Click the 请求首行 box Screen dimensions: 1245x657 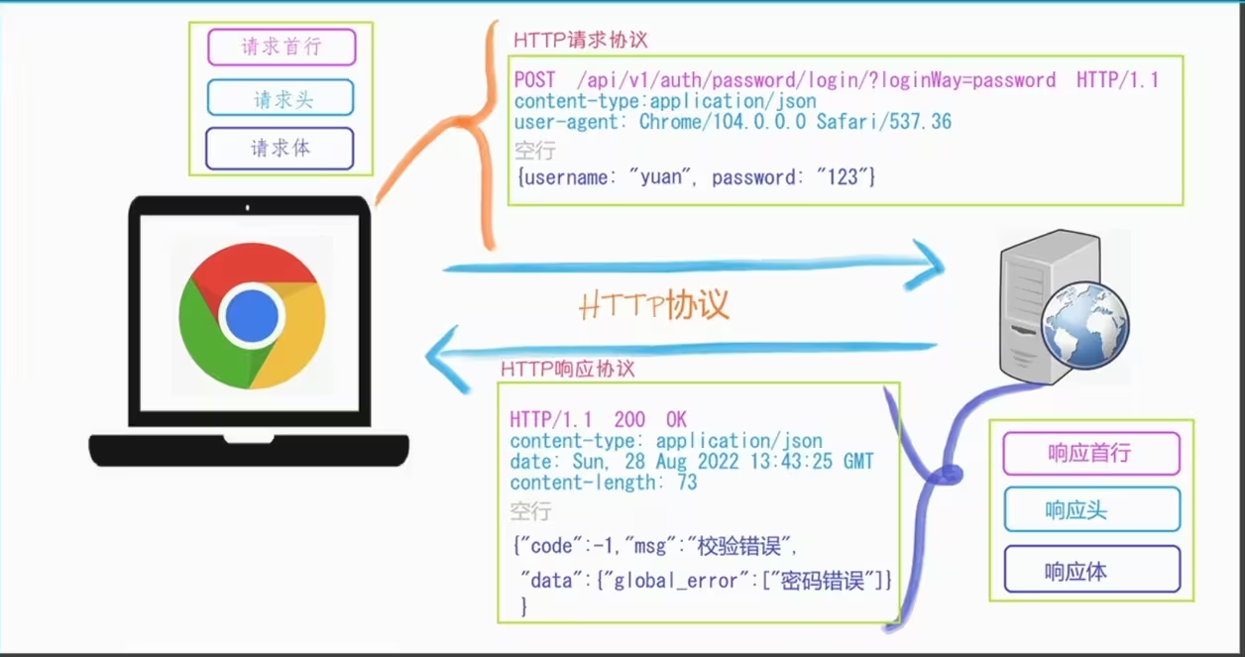click(282, 48)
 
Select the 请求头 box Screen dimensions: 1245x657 click(281, 98)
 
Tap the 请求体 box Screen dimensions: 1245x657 click(280, 149)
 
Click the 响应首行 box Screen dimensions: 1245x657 click(1091, 454)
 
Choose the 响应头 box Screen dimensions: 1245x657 click(1092, 509)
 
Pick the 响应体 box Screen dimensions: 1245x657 click(1092, 569)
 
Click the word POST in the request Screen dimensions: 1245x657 click(534, 80)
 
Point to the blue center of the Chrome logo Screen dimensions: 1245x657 click(253, 316)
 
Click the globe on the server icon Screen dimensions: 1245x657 click(1085, 326)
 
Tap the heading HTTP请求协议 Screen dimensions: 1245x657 click(580, 40)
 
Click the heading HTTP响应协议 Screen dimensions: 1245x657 click(567, 369)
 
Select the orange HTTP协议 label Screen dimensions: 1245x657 click(653, 305)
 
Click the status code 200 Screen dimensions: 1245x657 click(629, 419)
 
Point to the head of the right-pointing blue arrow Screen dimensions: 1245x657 click(927, 266)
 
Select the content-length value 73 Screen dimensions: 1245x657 click(687, 483)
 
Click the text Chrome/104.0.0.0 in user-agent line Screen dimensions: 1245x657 click(723, 122)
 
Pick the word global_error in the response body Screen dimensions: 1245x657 click(676, 581)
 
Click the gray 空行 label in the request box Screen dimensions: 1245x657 click(534, 150)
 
